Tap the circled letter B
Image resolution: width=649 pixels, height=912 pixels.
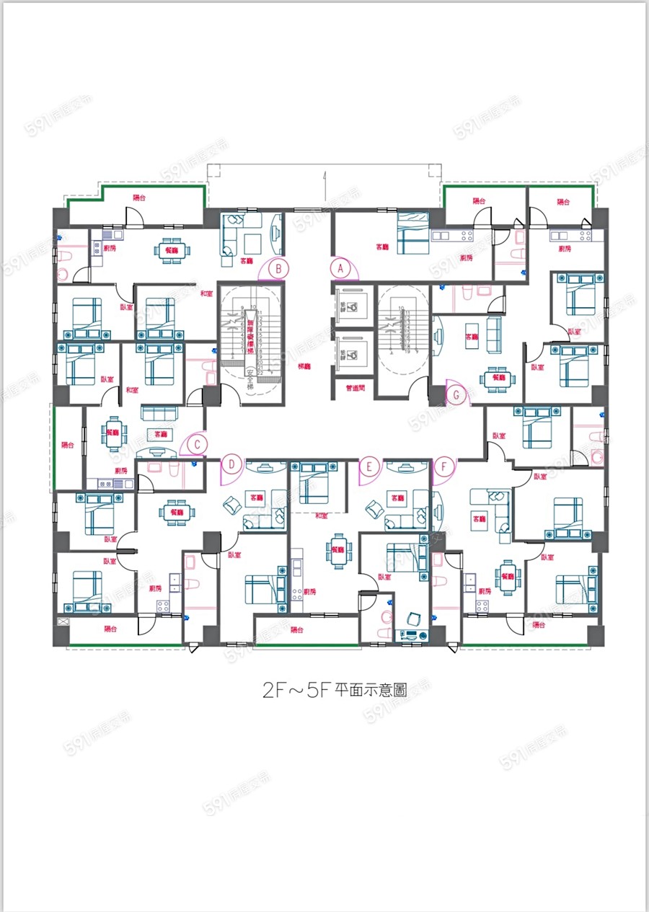tap(278, 268)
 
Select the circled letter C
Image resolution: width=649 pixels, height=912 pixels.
tap(198, 444)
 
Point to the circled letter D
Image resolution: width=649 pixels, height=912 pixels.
tap(231, 466)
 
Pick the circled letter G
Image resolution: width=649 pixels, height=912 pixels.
tap(456, 394)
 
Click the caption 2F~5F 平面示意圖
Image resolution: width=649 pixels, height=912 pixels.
tap(334, 689)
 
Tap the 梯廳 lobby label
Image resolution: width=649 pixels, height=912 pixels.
tap(304, 366)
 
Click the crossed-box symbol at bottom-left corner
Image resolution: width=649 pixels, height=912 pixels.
tap(62, 621)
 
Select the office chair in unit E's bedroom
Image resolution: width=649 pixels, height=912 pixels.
tap(415, 618)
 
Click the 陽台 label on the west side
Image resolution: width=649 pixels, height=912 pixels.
tap(68, 446)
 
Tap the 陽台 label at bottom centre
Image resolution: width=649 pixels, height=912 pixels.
tap(297, 629)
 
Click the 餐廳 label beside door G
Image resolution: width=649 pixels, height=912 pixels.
tap(498, 377)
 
